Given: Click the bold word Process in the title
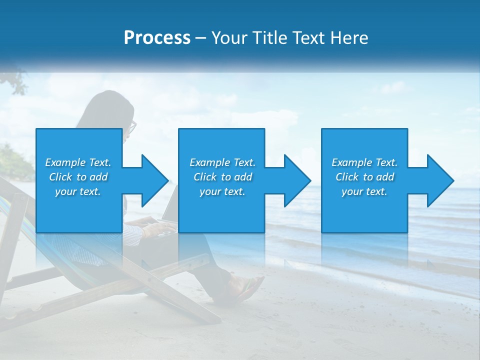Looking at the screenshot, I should pyautogui.click(x=157, y=38).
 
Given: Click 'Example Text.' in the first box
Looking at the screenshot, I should pyautogui.click(x=78, y=162).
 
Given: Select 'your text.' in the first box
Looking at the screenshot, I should pyautogui.click(x=78, y=191).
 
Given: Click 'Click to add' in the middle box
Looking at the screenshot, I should pyautogui.click(x=222, y=177).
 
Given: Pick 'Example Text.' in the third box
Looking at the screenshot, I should pyautogui.click(x=364, y=162).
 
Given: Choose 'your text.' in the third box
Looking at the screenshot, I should pyautogui.click(x=364, y=191).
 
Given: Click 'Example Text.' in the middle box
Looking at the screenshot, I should pyautogui.click(x=222, y=162).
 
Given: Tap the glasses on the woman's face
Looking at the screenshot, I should pyautogui.click(x=131, y=127).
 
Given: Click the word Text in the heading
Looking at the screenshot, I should pyautogui.click(x=309, y=38).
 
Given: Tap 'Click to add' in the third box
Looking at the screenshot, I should pyautogui.click(x=364, y=177).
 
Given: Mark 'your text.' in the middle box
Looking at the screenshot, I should pyautogui.click(x=222, y=191).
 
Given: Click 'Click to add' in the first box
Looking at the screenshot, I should pyautogui.click(x=78, y=177).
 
